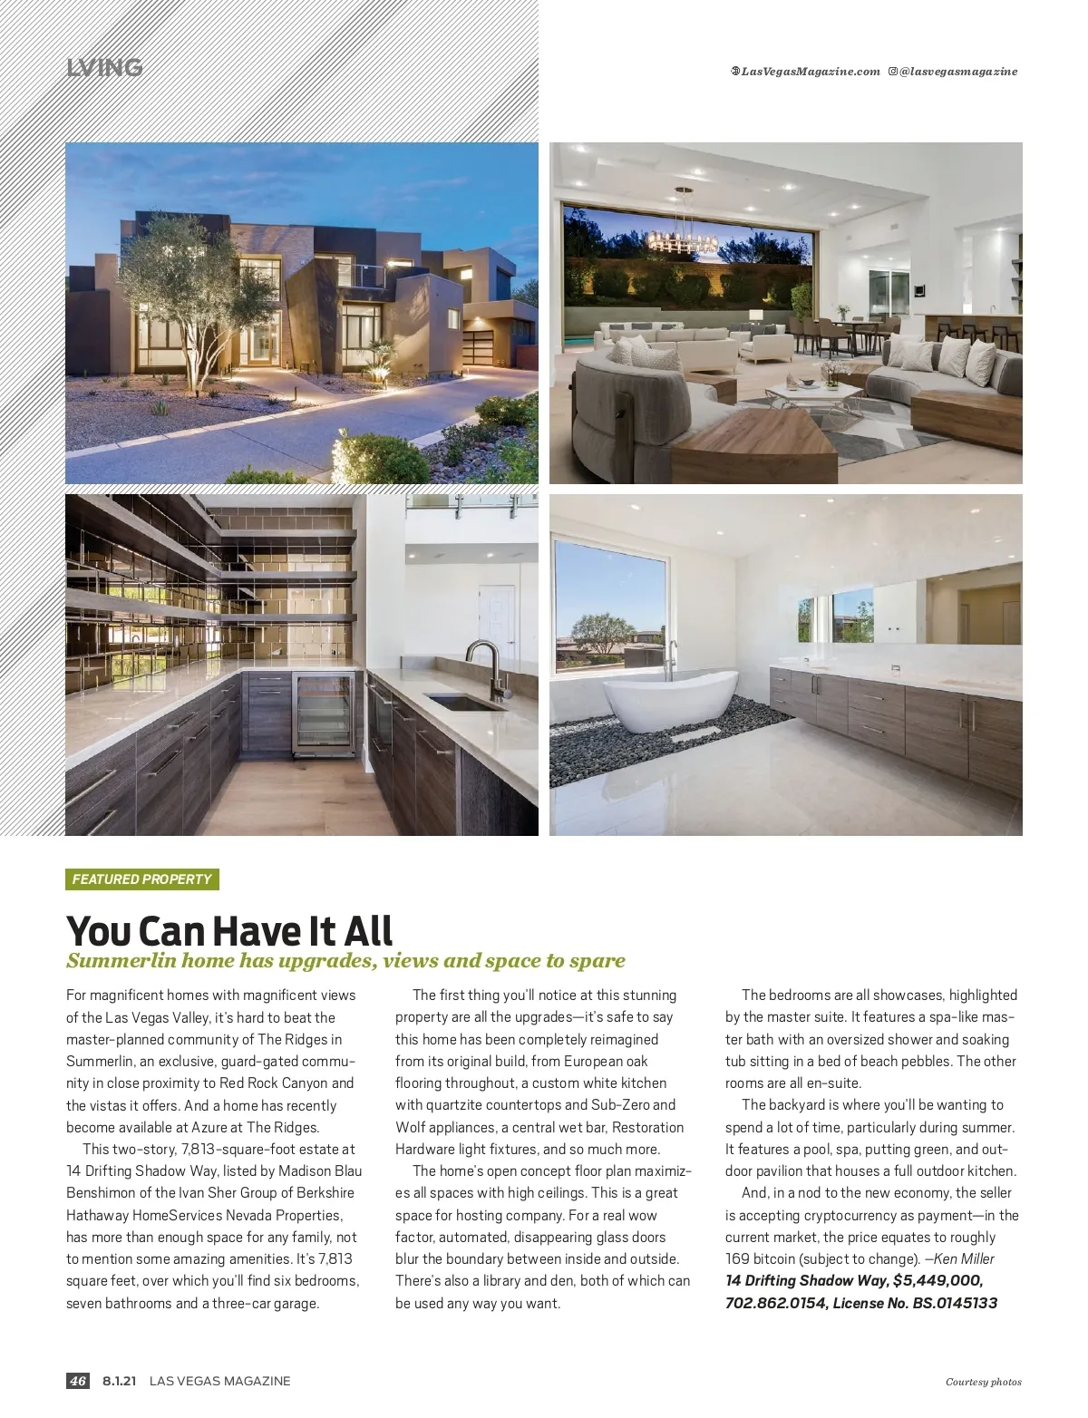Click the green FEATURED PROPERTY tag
tap(141, 879)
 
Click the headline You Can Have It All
tap(229, 930)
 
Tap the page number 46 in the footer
tap(77, 1381)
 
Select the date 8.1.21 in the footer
tap(120, 1381)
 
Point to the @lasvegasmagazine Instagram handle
tap(957, 72)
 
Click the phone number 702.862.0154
tap(773, 1303)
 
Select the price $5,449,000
tap(937, 1280)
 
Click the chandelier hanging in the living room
tap(682, 238)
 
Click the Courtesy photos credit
tap(983, 1382)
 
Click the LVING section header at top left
tap(104, 68)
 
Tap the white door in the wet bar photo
tap(496, 626)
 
